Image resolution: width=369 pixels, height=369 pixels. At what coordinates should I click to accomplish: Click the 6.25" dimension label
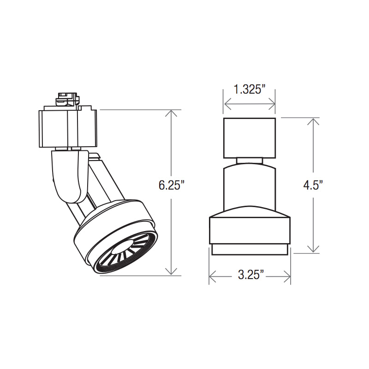pos(171,185)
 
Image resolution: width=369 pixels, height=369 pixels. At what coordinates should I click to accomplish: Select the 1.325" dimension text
pos(249,89)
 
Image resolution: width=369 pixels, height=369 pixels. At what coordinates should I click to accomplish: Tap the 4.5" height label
pos(313,185)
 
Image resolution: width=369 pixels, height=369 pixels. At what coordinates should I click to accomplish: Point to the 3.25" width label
pos(250,274)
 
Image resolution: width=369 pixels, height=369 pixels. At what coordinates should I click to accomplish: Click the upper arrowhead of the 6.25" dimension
pos(171,113)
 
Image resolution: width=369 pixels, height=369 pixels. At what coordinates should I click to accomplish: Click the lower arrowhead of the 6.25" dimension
pos(171,272)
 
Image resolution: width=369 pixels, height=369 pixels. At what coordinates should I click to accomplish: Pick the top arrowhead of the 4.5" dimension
pos(313,121)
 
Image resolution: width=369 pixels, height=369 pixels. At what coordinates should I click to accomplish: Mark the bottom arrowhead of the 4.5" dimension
pos(313,250)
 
